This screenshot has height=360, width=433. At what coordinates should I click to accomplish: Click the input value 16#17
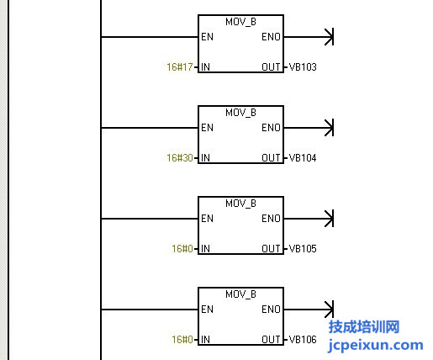pyautogui.click(x=180, y=67)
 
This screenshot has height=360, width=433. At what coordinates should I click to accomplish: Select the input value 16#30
pyautogui.click(x=180, y=158)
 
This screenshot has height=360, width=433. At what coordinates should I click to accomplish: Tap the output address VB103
pyautogui.click(x=303, y=67)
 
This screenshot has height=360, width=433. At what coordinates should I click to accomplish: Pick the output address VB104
pyautogui.click(x=303, y=158)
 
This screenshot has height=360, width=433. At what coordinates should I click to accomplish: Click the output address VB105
pyautogui.click(x=303, y=249)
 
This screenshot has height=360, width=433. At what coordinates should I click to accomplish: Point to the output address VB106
pyautogui.click(x=303, y=340)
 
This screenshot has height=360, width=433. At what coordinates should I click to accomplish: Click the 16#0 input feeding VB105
pyautogui.click(x=182, y=249)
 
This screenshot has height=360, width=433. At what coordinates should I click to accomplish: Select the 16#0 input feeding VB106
pyautogui.click(x=182, y=340)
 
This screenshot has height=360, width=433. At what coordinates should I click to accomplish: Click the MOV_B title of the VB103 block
pyautogui.click(x=240, y=22)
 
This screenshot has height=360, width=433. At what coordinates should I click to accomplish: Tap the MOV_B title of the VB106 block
pyautogui.click(x=240, y=294)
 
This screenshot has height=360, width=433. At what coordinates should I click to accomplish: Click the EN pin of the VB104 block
pyautogui.click(x=207, y=128)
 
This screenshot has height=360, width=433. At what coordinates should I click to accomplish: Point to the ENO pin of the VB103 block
pyautogui.click(x=271, y=37)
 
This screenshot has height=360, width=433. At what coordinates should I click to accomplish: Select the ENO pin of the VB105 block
pyautogui.click(x=271, y=219)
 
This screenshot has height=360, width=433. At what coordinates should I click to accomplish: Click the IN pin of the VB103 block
pyautogui.click(x=205, y=67)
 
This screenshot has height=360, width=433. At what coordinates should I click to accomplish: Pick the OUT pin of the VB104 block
pyautogui.click(x=271, y=158)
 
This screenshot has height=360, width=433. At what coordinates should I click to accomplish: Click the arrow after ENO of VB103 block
pyautogui.click(x=309, y=37)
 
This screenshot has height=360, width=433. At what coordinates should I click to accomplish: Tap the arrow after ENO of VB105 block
pyautogui.click(x=309, y=219)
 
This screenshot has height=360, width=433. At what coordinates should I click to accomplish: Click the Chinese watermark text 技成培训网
pyautogui.click(x=364, y=327)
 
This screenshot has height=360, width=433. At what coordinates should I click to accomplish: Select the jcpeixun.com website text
pyautogui.click(x=376, y=346)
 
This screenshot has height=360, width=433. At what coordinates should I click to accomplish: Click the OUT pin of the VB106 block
pyautogui.click(x=271, y=340)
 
